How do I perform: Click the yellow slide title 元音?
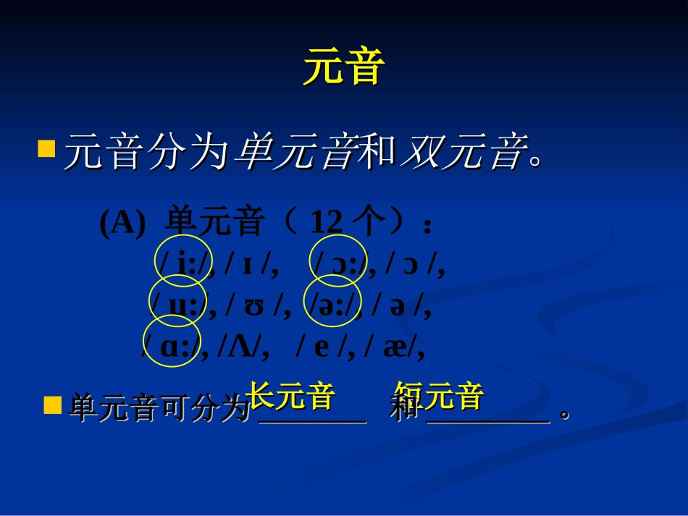[343, 68]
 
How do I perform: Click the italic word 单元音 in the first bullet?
[295, 153]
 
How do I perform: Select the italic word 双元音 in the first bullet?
[463, 153]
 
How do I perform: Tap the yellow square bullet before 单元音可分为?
[52, 405]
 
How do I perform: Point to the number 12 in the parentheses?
[326, 224]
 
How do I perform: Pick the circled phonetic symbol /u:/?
[178, 306]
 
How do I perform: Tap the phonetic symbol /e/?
[322, 347]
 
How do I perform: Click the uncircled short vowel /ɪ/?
[250, 265]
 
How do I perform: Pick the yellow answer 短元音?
[439, 396]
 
